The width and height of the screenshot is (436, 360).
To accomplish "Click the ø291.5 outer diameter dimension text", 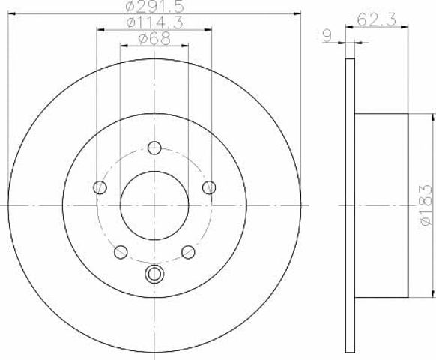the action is pos(154,6).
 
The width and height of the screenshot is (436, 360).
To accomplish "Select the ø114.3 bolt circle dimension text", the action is pos(154,22).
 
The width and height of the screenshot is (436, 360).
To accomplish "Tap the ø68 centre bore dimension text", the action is pos(154,38).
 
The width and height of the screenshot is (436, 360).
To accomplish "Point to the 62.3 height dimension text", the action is pos(376,19).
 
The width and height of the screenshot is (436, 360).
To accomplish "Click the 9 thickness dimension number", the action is pos(328,36).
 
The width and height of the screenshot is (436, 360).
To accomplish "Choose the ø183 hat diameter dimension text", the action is pos(426,205).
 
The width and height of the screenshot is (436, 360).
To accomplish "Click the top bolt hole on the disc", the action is pos(154,148).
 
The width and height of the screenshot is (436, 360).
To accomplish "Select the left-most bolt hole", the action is pos(100,187).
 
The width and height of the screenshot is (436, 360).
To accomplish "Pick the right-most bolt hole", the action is pos(209,187).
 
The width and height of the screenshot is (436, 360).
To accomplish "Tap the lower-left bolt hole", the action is pos(121,252).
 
